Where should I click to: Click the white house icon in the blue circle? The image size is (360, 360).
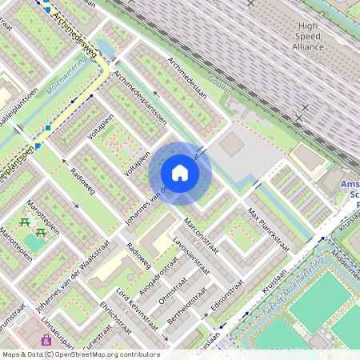(180, 173)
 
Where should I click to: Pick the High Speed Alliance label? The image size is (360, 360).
(308, 36)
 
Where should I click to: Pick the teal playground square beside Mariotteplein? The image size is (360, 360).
(34, 238)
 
